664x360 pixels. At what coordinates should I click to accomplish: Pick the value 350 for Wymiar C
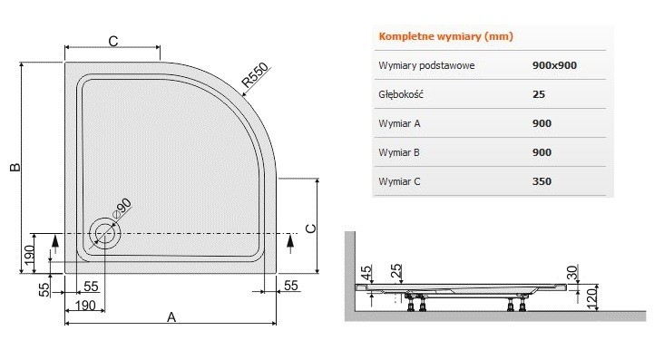542,180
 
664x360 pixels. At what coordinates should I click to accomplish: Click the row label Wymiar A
401,122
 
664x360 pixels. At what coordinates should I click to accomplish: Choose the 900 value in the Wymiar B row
542,151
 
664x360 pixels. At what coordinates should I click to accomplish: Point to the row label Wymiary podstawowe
426,65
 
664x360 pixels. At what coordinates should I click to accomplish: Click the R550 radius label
257,79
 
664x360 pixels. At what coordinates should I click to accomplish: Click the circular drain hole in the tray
104,234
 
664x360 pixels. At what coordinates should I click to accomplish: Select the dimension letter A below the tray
171,316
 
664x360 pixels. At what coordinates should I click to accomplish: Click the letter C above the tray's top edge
112,41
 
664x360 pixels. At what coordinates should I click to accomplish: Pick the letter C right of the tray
308,229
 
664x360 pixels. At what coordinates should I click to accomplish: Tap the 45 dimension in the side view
366,272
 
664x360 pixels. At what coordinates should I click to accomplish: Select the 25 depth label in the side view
395,272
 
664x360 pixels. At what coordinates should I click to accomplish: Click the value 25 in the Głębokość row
539,93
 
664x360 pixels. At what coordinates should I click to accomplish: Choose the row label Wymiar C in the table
401,180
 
